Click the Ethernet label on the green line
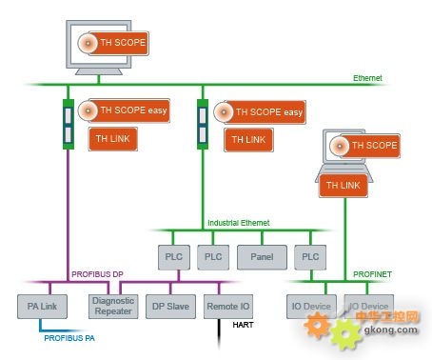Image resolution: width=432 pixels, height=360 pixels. [366, 77]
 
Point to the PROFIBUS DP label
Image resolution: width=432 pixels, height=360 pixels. [97, 274]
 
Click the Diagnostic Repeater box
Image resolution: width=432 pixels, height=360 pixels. [113, 307]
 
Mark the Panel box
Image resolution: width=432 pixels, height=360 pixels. [261, 256]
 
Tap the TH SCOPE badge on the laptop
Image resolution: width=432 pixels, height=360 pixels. [363, 146]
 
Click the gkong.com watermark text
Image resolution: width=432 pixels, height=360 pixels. [389, 330]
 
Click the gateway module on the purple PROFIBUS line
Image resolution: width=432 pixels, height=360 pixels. [69, 124]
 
